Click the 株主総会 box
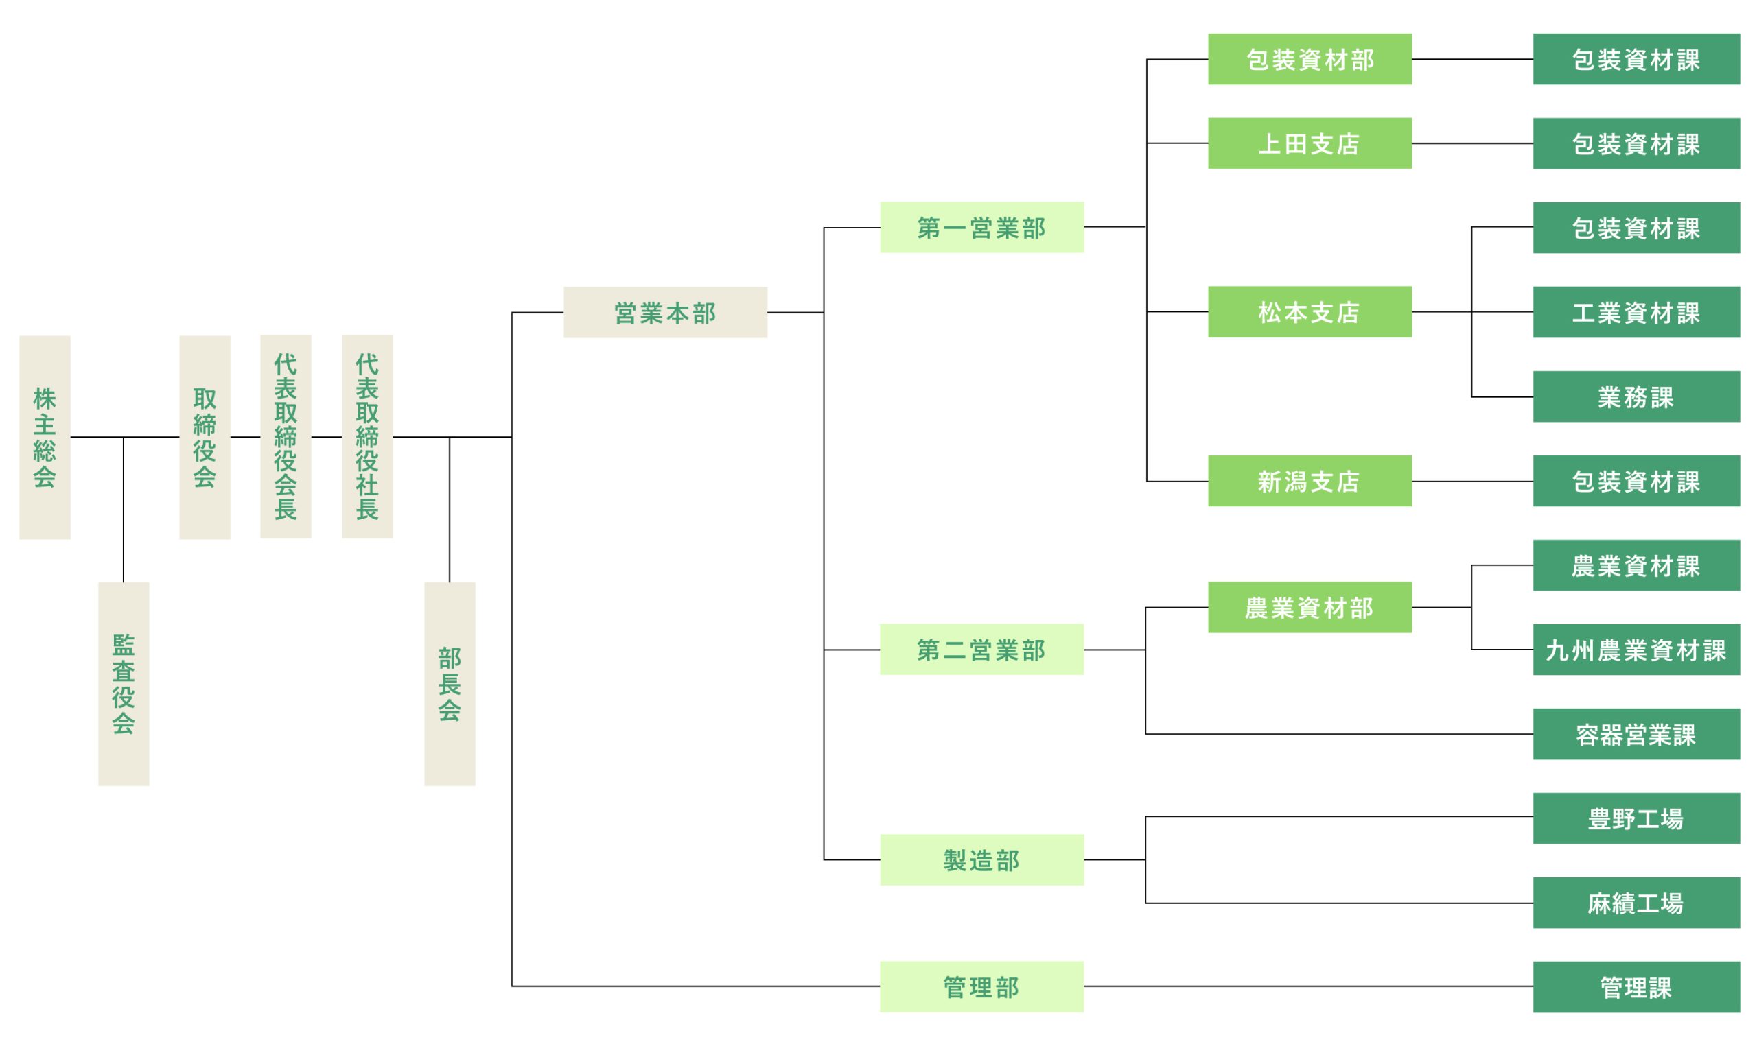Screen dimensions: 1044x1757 tap(45, 438)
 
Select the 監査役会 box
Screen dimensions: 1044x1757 tap(123, 684)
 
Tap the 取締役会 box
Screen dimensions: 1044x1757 tap(204, 438)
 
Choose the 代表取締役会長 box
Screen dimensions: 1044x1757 tap(285, 437)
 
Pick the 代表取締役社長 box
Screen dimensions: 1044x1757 tap(366, 437)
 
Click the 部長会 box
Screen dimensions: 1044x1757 tap(449, 684)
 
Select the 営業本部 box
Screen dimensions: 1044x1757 tap(664, 312)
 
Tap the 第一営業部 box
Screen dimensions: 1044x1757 tap(981, 227)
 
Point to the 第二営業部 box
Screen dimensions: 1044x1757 tap(981, 650)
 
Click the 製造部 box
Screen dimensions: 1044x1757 tap(981, 859)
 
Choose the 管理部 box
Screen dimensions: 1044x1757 tap(981, 986)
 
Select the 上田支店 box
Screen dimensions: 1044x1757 tap(1310, 143)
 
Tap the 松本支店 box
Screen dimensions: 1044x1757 tap(1310, 311)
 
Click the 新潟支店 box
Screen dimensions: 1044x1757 tap(1310, 482)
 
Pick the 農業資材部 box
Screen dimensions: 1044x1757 tap(1310, 607)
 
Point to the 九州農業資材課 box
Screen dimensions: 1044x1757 tap(1636, 650)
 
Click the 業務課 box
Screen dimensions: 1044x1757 tap(1636, 396)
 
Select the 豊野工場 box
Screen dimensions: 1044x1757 tap(1636, 818)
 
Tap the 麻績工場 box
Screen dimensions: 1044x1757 tap(1636, 903)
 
